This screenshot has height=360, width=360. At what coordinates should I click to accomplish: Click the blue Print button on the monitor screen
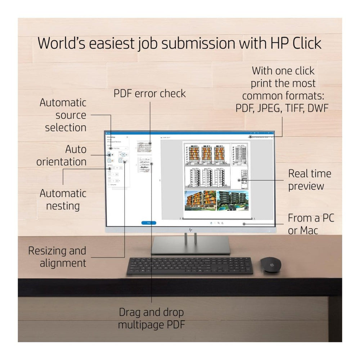tap(149, 223)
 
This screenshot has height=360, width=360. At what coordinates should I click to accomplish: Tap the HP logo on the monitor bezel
tap(190, 229)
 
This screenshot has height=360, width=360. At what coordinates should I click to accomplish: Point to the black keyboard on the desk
tap(190, 266)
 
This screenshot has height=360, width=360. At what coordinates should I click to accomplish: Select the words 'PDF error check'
tap(150, 94)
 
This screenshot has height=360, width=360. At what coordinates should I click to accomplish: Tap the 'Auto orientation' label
tap(62, 156)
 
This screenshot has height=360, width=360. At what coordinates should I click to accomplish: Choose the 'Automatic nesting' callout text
tap(63, 199)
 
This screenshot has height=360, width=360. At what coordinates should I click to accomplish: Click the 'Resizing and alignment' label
tap(58, 257)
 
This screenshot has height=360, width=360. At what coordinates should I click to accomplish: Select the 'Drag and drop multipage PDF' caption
tap(152, 318)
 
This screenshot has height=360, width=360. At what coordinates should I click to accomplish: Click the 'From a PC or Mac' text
tap(311, 224)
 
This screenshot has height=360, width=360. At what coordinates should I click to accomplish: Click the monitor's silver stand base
tap(190, 246)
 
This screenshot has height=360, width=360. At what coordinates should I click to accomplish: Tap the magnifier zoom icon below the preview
tap(219, 223)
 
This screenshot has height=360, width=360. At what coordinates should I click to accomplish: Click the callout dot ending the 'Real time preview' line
tap(239, 180)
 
